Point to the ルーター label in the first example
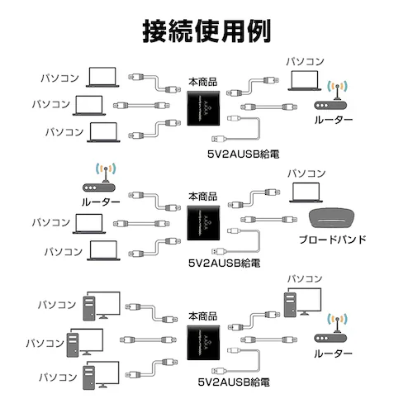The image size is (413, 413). coord(333,121)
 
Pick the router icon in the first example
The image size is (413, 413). coord(335,95)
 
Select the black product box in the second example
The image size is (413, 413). coord(204,225)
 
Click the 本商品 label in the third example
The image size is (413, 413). coord(203,316)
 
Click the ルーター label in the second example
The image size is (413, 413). coord(101,202)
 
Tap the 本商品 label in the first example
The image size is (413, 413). coord(203,82)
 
